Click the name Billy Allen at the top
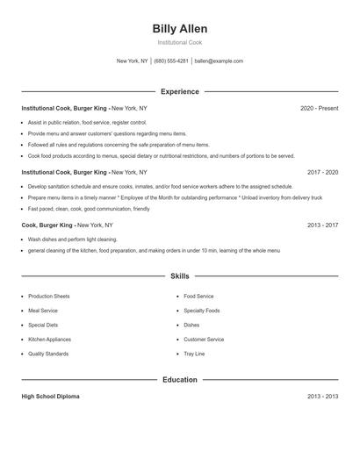click(x=180, y=29)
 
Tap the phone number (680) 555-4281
click(x=171, y=61)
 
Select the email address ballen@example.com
click(x=219, y=61)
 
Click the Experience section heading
click(x=180, y=91)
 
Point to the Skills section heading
click(x=180, y=276)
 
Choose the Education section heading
click(x=180, y=380)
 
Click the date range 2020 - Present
click(x=319, y=108)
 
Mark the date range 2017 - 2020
click(x=322, y=173)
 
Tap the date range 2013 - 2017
click(x=322, y=225)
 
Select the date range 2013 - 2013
click(x=322, y=397)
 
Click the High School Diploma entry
click(x=50, y=397)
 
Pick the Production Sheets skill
click(x=49, y=297)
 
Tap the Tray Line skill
click(x=194, y=354)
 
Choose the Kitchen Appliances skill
click(x=50, y=340)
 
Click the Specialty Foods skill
click(x=202, y=311)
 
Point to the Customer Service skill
click(x=204, y=340)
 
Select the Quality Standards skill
click(x=48, y=354)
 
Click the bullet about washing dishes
click(x=72, y=240)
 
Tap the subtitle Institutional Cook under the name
click(x=180, y=42)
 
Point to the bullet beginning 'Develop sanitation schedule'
click(x=160, y=187)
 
